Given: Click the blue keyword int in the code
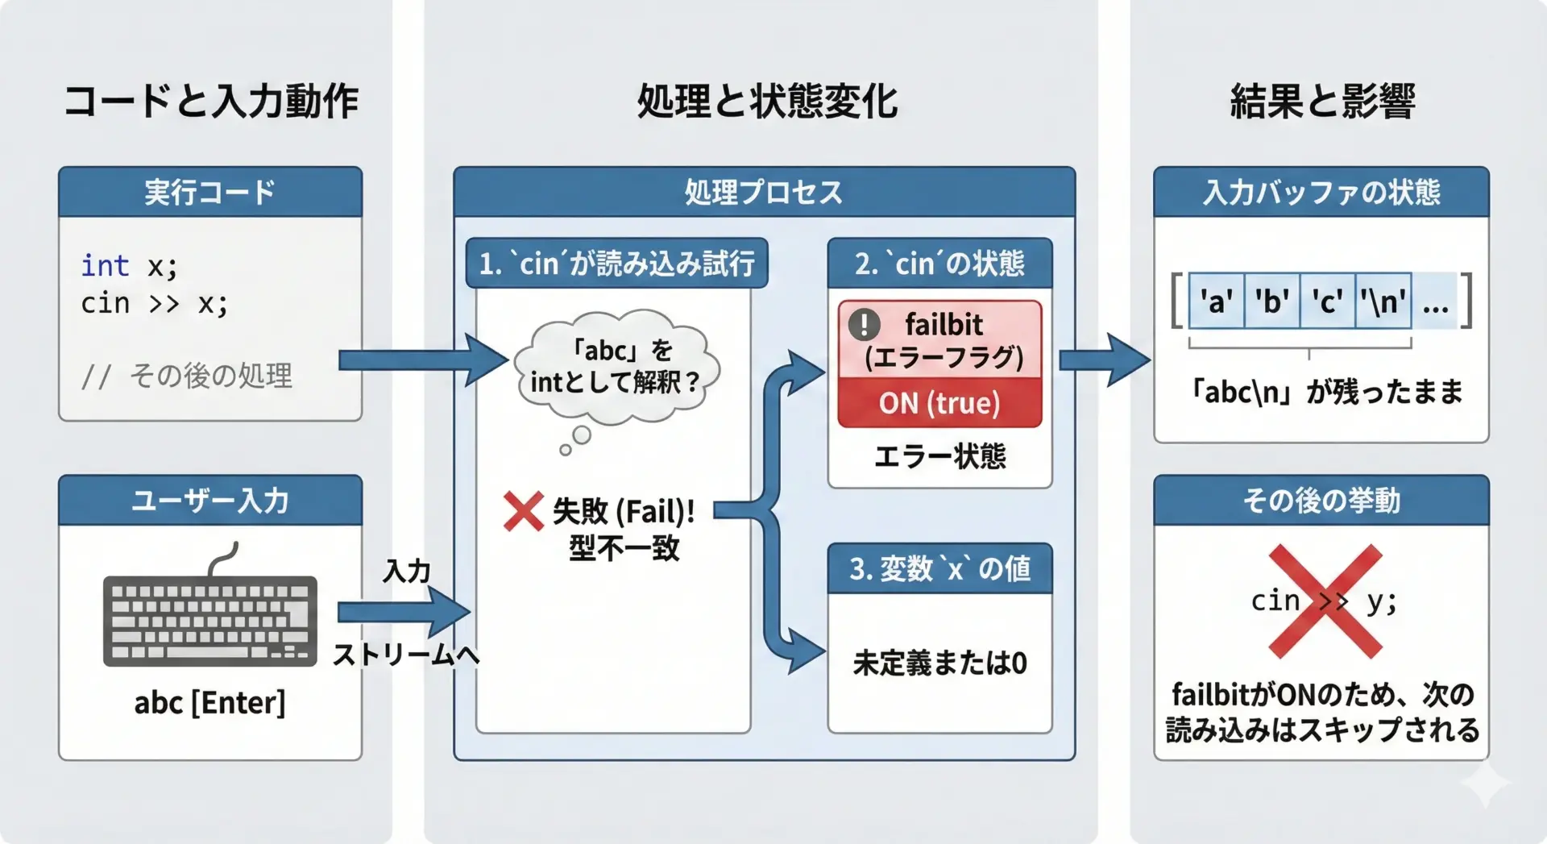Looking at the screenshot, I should (105, 265).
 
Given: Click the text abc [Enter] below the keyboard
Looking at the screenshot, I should (209, 703).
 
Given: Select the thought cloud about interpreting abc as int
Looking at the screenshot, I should (616, 368).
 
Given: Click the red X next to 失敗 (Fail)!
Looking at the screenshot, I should (523, 512).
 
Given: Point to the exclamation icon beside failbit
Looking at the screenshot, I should (864, 324).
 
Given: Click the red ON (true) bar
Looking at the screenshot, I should (939, 403).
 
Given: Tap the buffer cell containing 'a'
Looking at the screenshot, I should (1216, 301).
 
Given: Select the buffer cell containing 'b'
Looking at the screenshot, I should (1271, 301).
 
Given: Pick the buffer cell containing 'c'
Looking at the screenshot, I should (1327, 301).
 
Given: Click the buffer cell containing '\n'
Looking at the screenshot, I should (1383, 301).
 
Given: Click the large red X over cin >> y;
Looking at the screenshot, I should (1325, 601).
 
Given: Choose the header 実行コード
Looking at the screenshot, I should (210, 192).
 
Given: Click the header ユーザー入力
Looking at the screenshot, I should (210, 501).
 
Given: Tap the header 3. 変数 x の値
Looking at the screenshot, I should (939, 569).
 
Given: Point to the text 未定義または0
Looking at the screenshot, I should (939, 663).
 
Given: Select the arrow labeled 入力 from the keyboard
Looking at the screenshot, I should (403, 612).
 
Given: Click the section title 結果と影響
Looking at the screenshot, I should (1322, 102).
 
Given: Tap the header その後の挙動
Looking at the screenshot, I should (1321, 501).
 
